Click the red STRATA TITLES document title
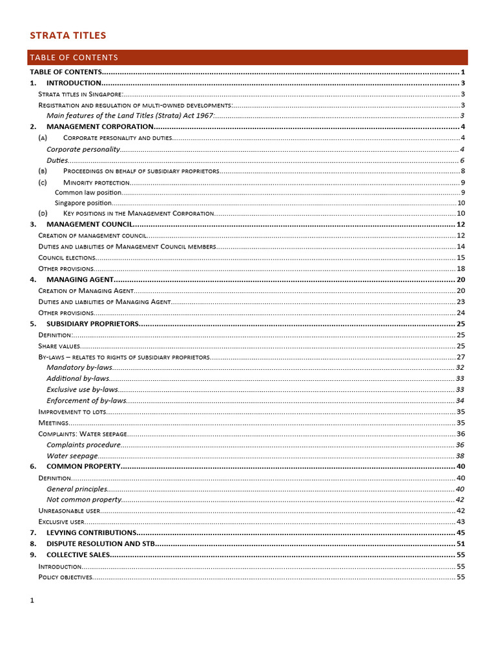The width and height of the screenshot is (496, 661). click(x=68, y=36)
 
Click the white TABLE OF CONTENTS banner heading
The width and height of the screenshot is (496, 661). click(x=74, y=57)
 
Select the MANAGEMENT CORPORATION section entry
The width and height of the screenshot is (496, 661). click(x=99, y=127)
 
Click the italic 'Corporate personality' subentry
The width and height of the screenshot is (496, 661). click(x=83, y=149)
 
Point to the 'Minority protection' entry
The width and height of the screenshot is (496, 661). click(x=96, y=183)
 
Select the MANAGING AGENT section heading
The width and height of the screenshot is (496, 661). click(x=80, y=280)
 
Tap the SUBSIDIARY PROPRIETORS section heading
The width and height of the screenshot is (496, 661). click(x=92, y=323)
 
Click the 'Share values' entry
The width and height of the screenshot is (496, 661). click(x=59, y=346)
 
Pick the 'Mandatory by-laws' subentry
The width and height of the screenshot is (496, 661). click(x=79, y=367)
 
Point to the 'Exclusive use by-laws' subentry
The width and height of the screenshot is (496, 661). click(x=82, y=389)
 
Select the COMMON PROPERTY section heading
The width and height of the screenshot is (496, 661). click(x=83, y=466)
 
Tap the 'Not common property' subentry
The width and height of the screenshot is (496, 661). click(x=84, y=500)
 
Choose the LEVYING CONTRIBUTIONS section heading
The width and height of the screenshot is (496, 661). click(x=91, y=533)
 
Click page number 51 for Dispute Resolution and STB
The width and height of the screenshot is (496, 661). click(x=460, y=544)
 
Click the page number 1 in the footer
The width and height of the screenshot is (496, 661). click(x=32, y=600)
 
